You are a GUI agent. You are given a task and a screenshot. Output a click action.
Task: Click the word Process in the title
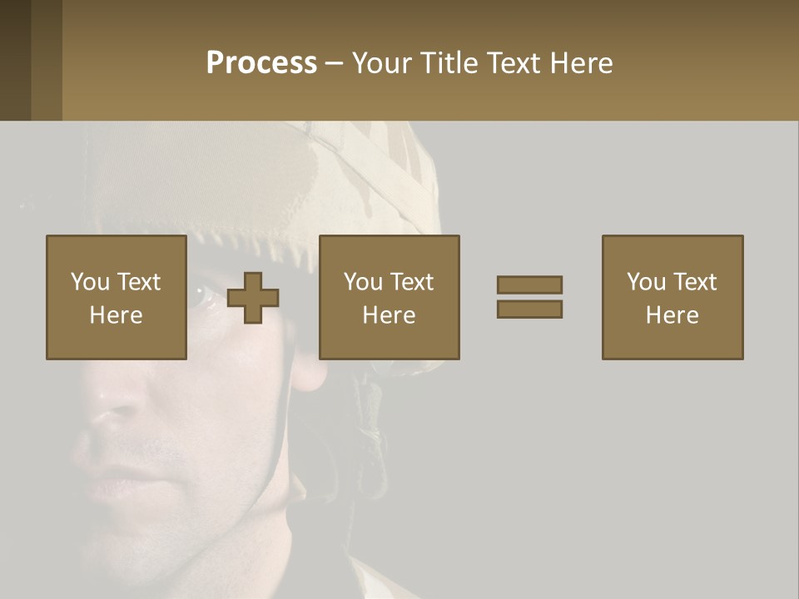pyautogui.click(x=261, y=63)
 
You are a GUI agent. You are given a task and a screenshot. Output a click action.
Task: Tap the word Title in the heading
pyautogui.click(x=446, y=63)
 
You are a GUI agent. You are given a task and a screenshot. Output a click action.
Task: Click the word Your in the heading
pyautogui.click(x=383, y=63)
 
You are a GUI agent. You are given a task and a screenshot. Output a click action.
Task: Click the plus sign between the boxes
pyautogui.click(x=253, y=298)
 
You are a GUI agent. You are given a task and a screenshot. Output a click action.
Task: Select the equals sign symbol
pyautogui.click(x=529, y=297)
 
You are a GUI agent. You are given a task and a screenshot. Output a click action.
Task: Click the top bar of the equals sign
pyautogui.click(x=529, y=285)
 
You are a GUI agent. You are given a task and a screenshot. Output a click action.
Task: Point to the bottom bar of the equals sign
pyautogui.click(x=529, y=309)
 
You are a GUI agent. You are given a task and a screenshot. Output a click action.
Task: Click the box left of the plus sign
pyautogui.click(x=116, y=297)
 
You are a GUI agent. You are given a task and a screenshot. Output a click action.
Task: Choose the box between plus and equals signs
pyautogui.click(x=389, y=297)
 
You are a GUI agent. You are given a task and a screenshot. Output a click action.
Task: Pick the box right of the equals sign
pyautogui.click(x=672, y=297)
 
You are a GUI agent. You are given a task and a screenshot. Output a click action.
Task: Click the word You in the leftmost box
pyautogui.click(x=90, y=282)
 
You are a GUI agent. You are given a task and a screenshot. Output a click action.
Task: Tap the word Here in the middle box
pyautogui.click(x=389, y=315)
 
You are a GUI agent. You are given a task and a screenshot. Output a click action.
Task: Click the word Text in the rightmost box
pyautogui.click(x=694, y=282)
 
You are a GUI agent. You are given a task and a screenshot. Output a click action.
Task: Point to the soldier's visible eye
pyautogui.click(x=206, y=297)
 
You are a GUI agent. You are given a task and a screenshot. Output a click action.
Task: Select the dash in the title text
pyautogui.click(x=334, y=63)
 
